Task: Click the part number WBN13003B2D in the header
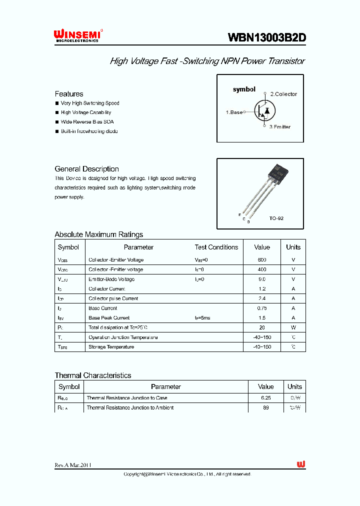coord(266,37)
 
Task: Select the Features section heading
coord(69,94)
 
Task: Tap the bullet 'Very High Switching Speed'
coord(89,103)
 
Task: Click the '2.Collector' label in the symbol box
coord(283,94)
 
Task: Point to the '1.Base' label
coord(234,112)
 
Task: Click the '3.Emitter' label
coord(279,127)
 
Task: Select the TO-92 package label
coord(276,218)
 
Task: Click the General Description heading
coord(86,169)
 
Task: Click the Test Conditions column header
coord(216,247)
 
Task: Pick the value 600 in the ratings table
coord(262,260)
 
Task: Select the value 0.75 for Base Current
coord(262,308)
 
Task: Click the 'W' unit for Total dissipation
coord(293,327)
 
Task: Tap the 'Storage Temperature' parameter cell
coord(111,347)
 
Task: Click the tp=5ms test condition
coord(203,318)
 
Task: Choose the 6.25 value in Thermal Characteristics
coord(265,398)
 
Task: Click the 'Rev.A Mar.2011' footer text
coord(73,465)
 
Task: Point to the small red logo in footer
coord(300,464)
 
